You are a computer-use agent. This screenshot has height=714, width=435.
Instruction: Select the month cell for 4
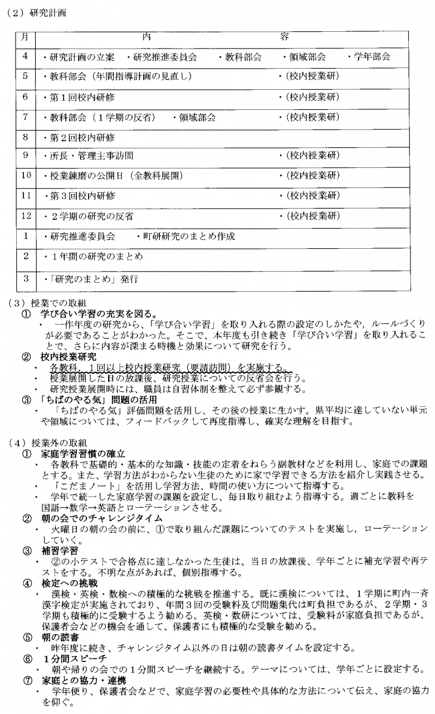(x=25, y=56)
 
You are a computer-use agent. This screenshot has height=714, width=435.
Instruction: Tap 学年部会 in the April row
(x=370, y=57)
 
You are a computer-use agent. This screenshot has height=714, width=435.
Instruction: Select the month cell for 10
(x=25, y=176)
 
